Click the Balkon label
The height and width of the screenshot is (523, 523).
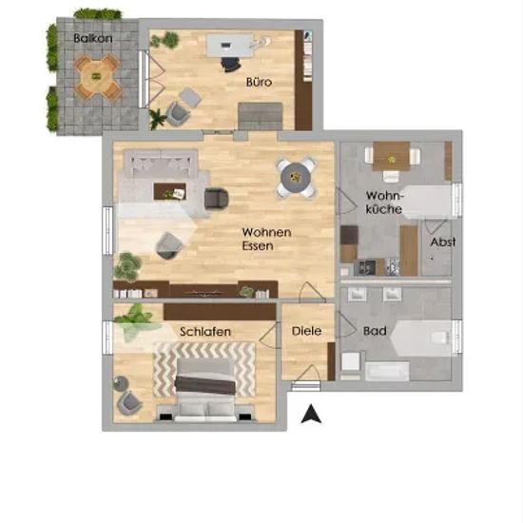click(93, 38)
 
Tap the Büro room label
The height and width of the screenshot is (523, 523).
click(259, 82)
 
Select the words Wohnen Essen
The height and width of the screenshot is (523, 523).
click(266, 239)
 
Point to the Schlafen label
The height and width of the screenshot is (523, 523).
click(205, 332)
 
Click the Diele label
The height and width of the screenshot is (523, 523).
click(306, 331)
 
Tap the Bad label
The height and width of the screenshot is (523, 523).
click(375, 331)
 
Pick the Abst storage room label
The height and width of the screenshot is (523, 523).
click(442, 242)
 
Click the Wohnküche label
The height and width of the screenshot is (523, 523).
click(385, 203)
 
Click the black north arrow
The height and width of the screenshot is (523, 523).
click(311, 414)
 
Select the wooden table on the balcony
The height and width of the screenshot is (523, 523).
click(97, 77)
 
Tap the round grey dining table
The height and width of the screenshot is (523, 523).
click(296, 178)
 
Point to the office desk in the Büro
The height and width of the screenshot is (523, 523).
click(228, 45)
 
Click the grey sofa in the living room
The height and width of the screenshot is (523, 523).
click(161, 164)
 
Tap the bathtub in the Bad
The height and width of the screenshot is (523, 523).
click(387, 371)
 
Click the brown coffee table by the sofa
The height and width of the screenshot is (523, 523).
click(170, 191)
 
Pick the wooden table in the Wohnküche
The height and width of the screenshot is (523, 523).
click(391, 156)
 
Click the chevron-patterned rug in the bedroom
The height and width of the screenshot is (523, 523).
click(204, 369)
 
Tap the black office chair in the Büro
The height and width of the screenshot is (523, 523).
click(230, 64)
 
